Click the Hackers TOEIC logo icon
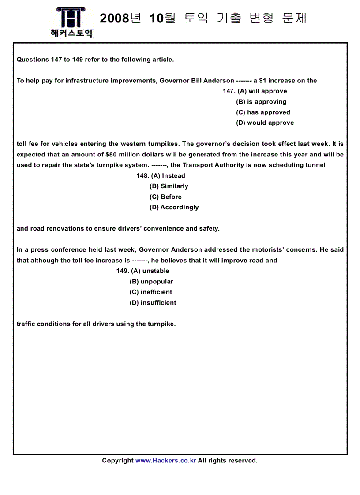[x=71, y=18]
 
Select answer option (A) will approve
[x=262, y=91]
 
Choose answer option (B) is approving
[x=261, y=102]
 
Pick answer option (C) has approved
[x=263, y=112]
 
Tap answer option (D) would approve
[x=265, y=123]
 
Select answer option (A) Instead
[x=168, y=176]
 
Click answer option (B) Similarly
[x=169, y=186]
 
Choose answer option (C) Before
[x=165, y=197]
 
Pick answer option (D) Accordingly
[x=174, y=208]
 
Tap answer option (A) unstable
[x=150, y=271]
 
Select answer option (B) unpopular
[x=151, y=282]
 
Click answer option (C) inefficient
[x=151, y=292]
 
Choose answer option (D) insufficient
[x=153, y=303]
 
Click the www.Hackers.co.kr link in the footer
[x=165, y=461]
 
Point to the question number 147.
[x=229, y=91]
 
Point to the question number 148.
[x=142, y=176]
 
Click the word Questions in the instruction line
[x=33, y=60]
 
